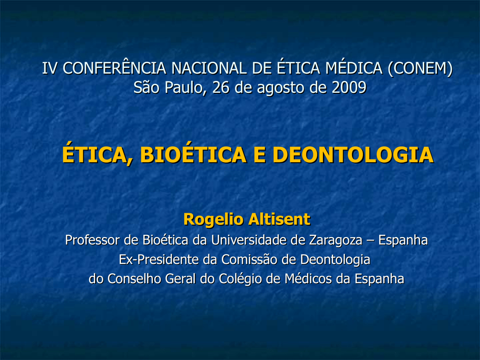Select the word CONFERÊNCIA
(114, 67)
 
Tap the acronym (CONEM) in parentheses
(420, 68)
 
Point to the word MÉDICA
(354, 67)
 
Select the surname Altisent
(279, 219)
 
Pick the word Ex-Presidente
(158, 260)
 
